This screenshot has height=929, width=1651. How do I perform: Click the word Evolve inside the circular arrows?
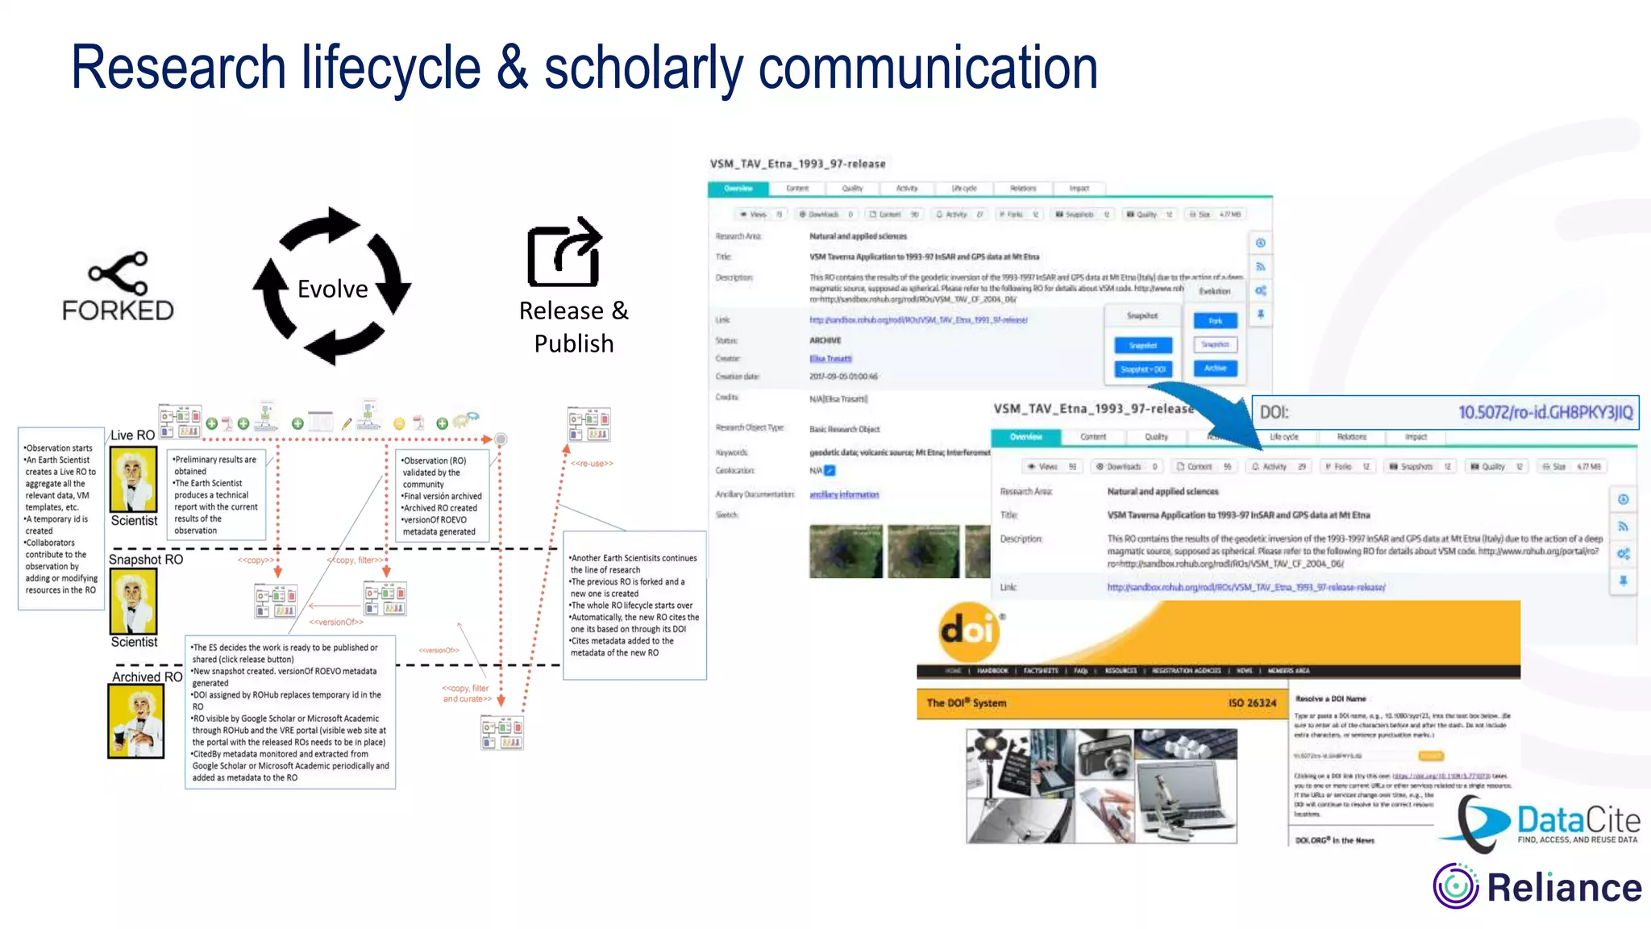332,289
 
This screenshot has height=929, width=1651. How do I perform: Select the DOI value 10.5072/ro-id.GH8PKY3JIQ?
1545,413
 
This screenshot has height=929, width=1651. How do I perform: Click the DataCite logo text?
1578,821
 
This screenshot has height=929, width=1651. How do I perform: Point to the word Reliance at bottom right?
1564,888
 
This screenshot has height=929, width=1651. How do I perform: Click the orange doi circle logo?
968,631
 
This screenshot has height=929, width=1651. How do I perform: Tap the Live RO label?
132,435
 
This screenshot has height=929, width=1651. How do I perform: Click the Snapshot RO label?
146,560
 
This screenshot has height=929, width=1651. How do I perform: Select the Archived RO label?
147,677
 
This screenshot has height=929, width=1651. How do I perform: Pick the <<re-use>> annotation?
592,464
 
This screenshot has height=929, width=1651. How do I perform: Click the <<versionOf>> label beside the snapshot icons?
336,622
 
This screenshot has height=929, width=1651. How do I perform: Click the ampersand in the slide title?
512,68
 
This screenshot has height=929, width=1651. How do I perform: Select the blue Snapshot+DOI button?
1143,369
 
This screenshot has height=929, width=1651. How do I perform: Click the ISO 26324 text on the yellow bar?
1252,703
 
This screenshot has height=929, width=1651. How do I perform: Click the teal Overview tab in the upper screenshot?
738,189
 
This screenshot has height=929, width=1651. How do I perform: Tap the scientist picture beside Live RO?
134,480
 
